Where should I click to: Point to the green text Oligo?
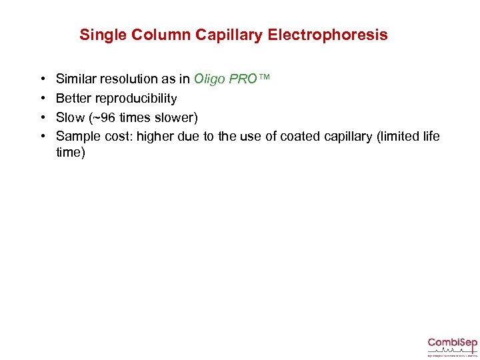coord(209,79)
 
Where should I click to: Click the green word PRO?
coord(243,79)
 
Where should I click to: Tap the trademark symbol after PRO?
coord(265,78)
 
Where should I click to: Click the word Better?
coord(71,99)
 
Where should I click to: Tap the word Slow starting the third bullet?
coord(71,117)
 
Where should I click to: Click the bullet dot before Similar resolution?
coord(41,79)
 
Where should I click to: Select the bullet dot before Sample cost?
coord(41,137)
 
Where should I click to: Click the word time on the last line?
coord(70,153)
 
